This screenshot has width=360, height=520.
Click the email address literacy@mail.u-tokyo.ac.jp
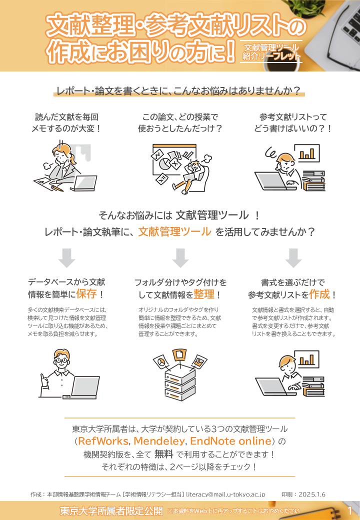point(225,494)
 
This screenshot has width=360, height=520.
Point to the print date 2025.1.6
point(312,494)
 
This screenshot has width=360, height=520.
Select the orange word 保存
point(86,293)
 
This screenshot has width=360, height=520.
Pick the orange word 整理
point(204,293)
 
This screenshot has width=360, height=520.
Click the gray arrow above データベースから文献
point(66,257)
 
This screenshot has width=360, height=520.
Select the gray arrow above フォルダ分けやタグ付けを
point(180,257)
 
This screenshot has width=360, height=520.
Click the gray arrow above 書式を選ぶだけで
point(293,257)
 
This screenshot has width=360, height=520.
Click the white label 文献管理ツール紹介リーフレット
point(271,51)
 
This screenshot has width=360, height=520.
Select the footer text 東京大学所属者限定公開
point(111,511)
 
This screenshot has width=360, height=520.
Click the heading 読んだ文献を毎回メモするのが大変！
point(66,122)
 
